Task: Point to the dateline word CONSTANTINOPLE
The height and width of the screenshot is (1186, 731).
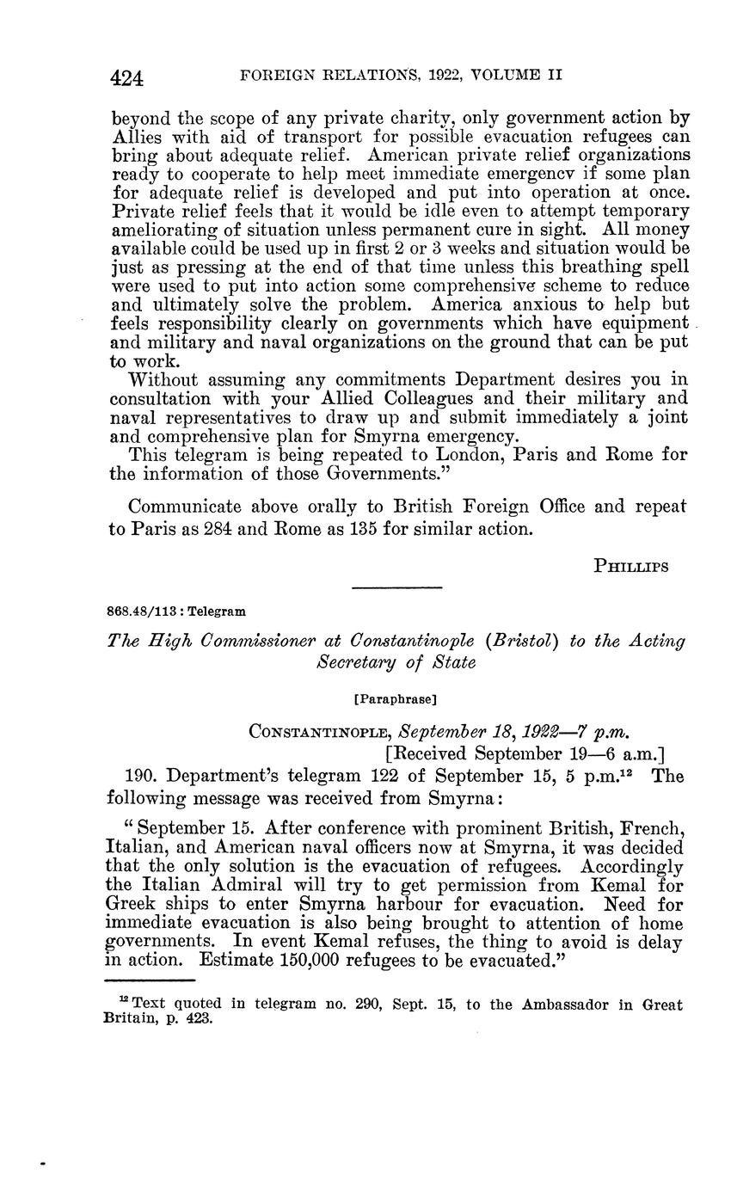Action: pos(316,732)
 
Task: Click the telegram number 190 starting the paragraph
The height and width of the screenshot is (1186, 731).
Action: pos(142,776)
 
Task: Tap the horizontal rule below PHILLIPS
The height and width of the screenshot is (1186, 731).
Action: pos(397,588)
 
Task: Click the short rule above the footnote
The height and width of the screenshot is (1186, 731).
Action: pos(150,980)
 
